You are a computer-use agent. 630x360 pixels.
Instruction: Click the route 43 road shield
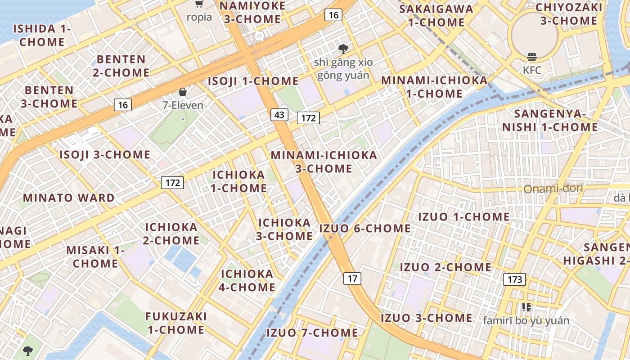click(x=279, y=115)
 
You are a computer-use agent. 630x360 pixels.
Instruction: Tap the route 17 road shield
click(x=352, y=279)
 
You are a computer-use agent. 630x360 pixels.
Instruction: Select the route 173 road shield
click(x=514, y=279)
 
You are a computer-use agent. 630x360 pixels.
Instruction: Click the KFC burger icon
click(x=532, y=57)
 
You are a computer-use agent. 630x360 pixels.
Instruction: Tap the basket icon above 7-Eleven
click(x=183, y=92)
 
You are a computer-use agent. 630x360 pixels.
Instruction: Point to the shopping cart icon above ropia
click(x=199, y=4)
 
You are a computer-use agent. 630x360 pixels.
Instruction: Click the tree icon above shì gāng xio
click(x=344, y=49)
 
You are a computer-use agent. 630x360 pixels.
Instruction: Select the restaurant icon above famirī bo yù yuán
click(x=526, y=307)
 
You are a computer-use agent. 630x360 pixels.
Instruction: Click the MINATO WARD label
click(x=69, y=198)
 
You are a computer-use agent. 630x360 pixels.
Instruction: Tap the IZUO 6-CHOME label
click(x=365, y=228)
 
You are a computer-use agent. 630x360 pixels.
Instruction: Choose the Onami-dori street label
click(x=553, y=188)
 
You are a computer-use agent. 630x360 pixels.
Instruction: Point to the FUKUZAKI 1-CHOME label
click(x=176, y=323)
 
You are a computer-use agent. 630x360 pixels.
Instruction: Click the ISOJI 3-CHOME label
click(x=105, y=154)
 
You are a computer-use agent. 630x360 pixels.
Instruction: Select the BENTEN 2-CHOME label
click(x=121, y=66)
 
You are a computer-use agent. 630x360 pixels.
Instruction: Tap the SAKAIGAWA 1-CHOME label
click(x=436, y=15)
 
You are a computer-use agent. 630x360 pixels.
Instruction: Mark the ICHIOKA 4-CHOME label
click(x=247, y=280)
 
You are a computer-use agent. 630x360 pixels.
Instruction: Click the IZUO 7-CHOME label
click(x=312, y=333)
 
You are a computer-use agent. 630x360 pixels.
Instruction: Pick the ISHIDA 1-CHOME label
click(x=42, y=35)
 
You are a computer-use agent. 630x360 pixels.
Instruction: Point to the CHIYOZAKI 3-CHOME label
click(x=568, y=14)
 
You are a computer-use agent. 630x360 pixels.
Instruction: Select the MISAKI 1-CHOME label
click(x=95, y=256)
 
